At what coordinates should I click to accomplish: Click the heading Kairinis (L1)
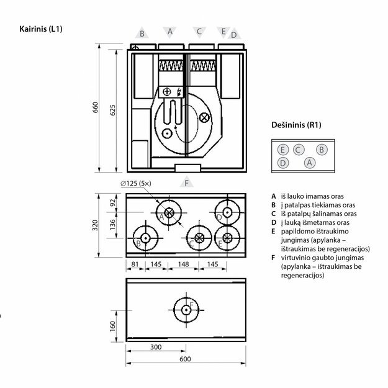coord(42,29)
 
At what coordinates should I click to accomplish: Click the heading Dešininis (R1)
coord(296,125)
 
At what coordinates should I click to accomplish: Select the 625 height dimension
coord(113,109)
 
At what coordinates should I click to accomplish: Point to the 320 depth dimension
coord(96,223)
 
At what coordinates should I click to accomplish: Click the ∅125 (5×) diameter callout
coord(142,183)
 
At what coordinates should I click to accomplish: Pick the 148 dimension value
coord(183,264)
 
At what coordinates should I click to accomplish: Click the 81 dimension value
coord(135,264)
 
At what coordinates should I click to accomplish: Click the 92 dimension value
coord(112,202)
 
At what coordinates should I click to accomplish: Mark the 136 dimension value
coord(112,223)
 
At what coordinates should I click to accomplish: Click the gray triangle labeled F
coord(185,183)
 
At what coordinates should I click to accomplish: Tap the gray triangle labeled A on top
coord(169,31)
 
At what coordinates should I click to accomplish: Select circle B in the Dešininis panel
coord(321,150)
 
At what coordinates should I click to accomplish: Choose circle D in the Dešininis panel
coord(282,163)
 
